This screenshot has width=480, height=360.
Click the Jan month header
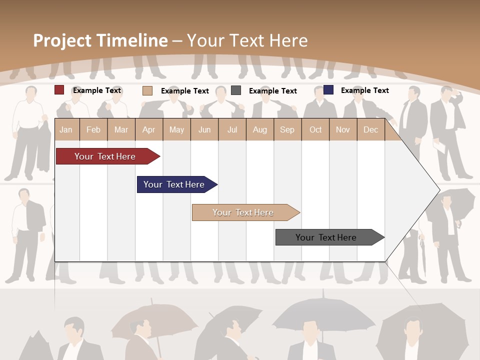66,129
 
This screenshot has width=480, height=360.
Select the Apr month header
149,129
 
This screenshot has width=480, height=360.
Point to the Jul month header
232,129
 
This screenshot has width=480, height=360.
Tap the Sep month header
287,129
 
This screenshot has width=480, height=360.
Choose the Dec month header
370,129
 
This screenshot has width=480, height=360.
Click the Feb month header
93,129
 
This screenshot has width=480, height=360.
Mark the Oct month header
315,129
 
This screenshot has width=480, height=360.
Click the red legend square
59,90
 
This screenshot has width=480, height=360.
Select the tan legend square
147,90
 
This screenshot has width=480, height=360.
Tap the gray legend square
236,90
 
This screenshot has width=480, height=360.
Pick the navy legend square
328,90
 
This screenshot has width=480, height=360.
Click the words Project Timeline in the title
100,40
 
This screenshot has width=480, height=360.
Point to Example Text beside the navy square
364,90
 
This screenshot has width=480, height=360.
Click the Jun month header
204,129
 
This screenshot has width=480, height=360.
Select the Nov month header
343,129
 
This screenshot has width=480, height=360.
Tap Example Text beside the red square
97,90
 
